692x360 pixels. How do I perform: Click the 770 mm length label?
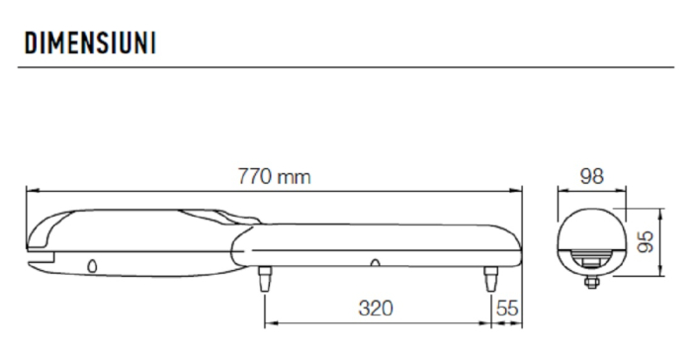point(273,177)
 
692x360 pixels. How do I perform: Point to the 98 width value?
point(589,177)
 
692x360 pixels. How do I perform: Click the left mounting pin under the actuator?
point(264,280)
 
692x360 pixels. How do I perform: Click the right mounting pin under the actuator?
point(490,280)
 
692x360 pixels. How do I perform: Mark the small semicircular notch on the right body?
point(376,263)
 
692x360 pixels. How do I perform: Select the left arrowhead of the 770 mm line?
point(30,190)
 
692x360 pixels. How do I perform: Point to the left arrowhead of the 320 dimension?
point(269,321)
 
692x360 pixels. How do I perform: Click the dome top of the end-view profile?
point(589,212)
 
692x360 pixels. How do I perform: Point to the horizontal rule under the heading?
point(346,67)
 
